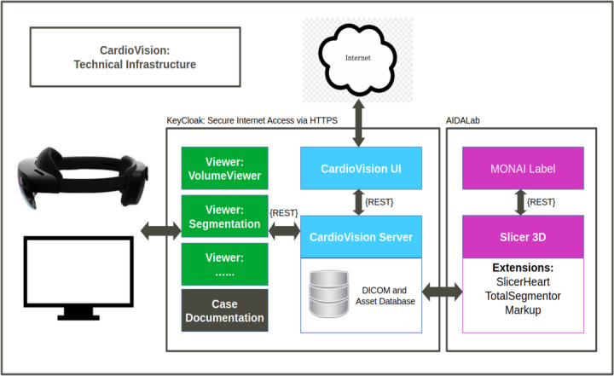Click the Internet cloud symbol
(x=357, y=59)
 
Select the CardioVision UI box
(x=361, y=169)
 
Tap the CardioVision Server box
(x=361, y=236)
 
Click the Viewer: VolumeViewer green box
(x=225, y=169)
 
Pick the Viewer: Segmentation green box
(x=225, y=217)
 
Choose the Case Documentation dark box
(x=225, y=310)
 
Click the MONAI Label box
(x=523, y=169)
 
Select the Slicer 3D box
(x=523, y=236)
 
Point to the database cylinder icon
(x=328, y=293)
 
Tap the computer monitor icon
(x=78, y=278)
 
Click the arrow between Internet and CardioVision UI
(x=358, y=123)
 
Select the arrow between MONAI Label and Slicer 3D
(x=520, y=202)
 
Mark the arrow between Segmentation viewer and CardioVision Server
(x=284, y=231)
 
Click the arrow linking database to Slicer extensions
(x=442, y=292)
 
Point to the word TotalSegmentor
(x=523, y=296)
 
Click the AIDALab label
(x=463, y=120)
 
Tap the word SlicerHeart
(x=523, y=282)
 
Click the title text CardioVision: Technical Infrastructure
(x=135, y=57)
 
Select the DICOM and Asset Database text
(x=385, y=296)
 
